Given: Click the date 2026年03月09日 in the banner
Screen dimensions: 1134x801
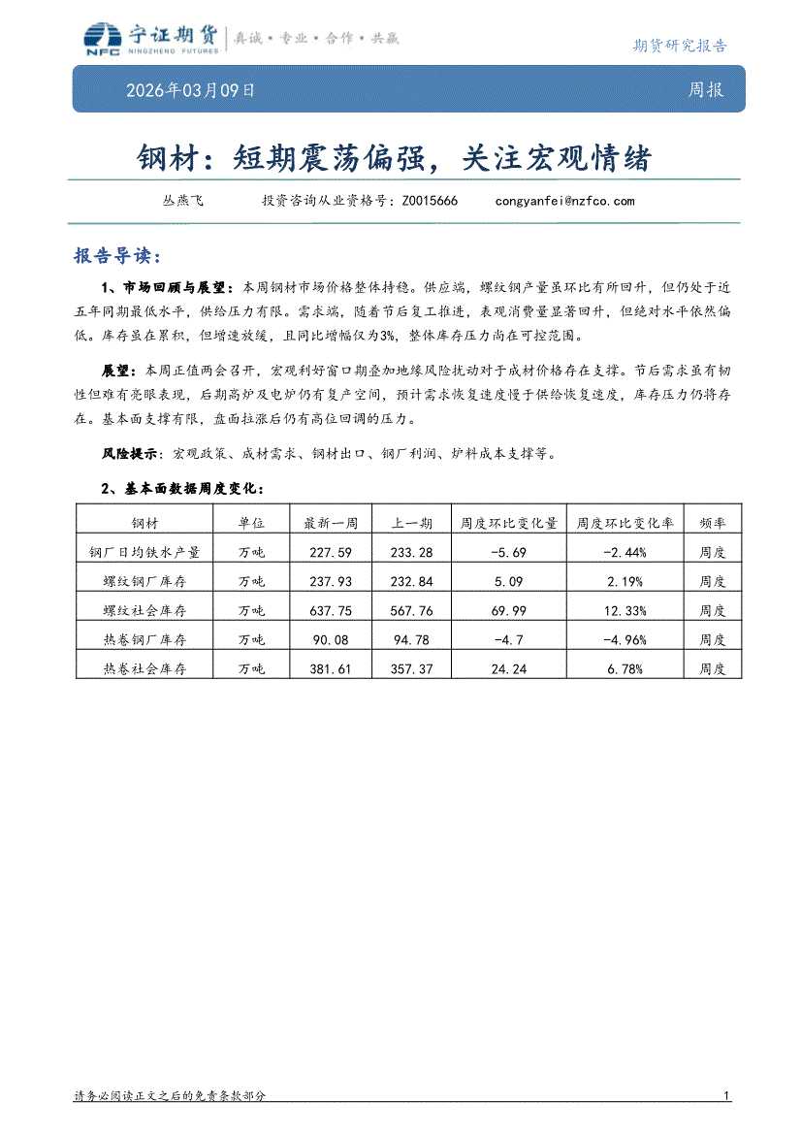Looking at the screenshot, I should coord(191,90).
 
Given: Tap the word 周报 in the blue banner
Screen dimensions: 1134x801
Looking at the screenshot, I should coord(706,90).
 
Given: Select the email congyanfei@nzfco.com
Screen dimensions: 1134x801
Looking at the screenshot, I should coord(564,201).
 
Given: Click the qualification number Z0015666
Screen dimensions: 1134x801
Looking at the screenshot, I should coord(430,201).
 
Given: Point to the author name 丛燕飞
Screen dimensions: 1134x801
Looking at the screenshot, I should coord(182,201).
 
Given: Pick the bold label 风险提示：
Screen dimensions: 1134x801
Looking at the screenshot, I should coord(135,453).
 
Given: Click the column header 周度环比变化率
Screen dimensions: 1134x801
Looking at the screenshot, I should coord(626,523).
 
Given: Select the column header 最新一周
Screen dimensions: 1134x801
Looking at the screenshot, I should coord(332,523).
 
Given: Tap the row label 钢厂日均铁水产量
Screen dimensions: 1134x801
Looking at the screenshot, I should coord(144,552).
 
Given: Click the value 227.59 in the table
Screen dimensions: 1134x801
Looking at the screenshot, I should coord(332,552).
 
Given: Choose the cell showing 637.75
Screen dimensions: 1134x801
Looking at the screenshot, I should coord(332,610).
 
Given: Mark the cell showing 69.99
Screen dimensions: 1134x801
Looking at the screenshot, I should coord(509,610).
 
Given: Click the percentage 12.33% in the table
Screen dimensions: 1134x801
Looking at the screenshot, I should coord(626,610).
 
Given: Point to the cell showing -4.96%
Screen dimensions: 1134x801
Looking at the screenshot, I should coord(626,639).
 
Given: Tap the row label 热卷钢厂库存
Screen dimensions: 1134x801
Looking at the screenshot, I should coord(144,639).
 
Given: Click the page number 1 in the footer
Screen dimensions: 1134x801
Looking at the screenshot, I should coord(726,1096).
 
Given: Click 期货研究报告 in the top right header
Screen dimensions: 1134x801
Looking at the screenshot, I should coord(679,45).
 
